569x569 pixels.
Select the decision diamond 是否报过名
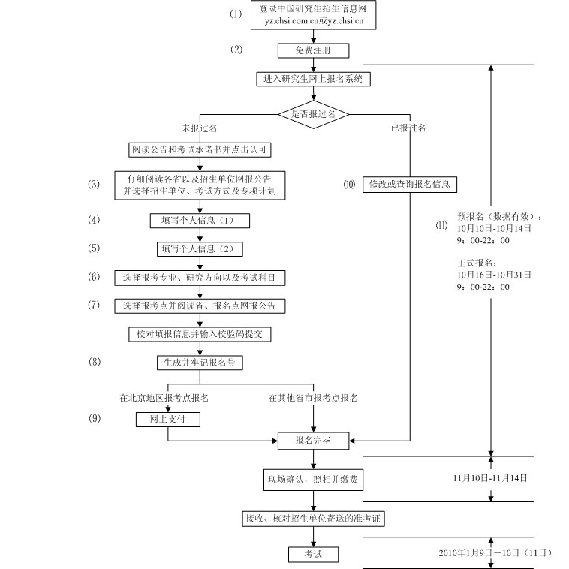pos(313,114)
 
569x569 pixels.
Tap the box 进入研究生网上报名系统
pos(313,78)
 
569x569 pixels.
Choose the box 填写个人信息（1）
pos(199,221)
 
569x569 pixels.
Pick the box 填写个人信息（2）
pos(200,248)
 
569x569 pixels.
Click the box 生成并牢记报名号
pos(200,362)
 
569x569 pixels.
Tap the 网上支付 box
pos(160,420)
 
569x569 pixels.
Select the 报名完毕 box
pos(313,441)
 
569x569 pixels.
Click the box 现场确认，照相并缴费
pos(313,478)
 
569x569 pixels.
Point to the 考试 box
pos(313,554)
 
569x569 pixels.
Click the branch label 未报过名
pos(199,128)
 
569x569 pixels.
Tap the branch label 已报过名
pos(408,128)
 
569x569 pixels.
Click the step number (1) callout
pos(237,14)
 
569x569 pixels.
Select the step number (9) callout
pos(94,419)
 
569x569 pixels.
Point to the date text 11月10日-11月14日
pos(490,477)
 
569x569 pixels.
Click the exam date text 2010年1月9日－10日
pos(495,553)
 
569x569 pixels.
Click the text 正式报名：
pos(477,263)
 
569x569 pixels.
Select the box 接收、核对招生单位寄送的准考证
pos(313,519)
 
